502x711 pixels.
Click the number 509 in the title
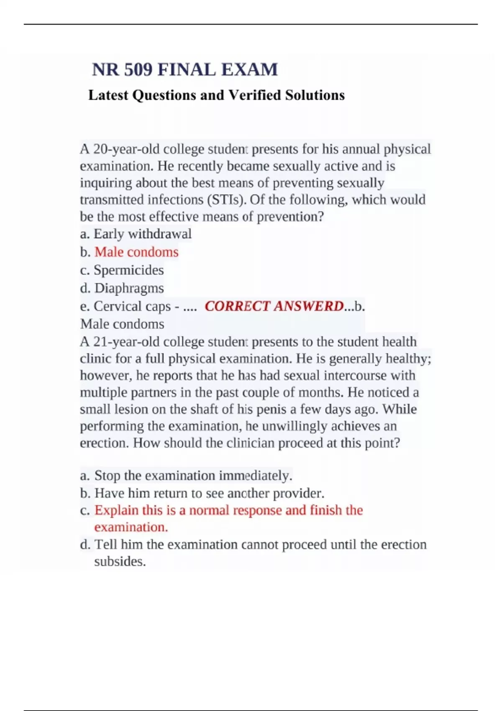point(138,69)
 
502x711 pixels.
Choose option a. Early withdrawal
point(136,234)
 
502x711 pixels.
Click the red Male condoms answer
point(136,252)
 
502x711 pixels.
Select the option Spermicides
point(128,270)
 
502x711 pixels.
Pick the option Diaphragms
point(129,288)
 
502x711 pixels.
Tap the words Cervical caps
point(132,307)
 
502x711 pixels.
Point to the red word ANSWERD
point(309,307)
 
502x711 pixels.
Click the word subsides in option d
point(120,562)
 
